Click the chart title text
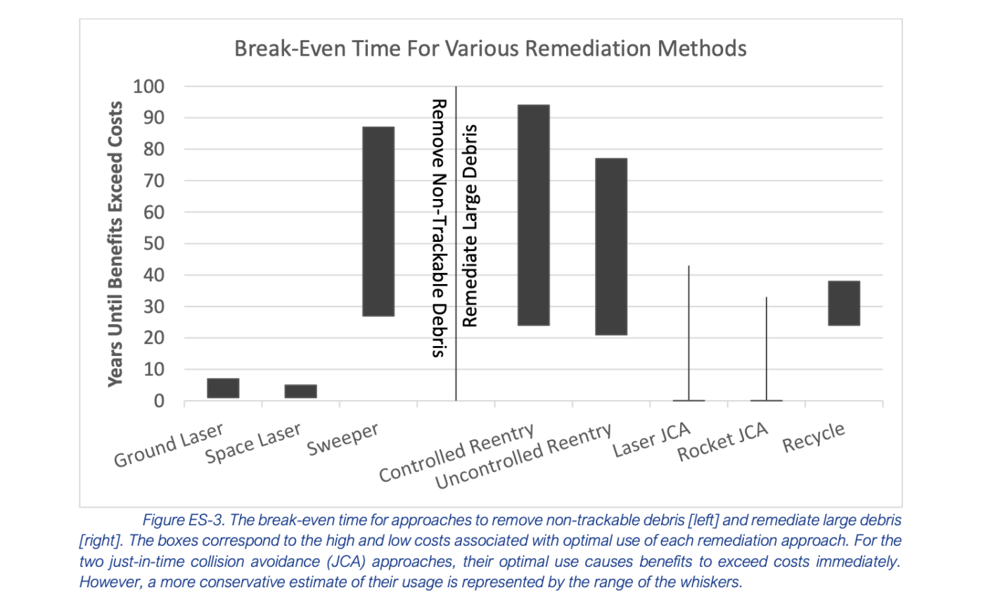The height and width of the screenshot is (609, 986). point(490,49)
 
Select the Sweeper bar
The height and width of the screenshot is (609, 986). point(378,222)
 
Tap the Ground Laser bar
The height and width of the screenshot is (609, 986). point(223,388)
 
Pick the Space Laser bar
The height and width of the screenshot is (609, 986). point(300,391)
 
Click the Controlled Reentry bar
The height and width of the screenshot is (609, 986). point(534,215)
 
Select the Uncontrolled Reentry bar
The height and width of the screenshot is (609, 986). point(611,246)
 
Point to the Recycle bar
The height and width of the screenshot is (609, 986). point(844,303)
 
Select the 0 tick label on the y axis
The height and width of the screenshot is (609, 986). point(159,401)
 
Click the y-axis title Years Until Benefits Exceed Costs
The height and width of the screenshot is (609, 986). point(115,243)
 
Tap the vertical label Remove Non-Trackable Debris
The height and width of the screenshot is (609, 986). point(438,228)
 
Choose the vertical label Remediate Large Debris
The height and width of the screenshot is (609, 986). point(470,225)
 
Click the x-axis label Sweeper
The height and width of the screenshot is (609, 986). point(343,440)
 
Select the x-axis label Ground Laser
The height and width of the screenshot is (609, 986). point(169,445)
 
